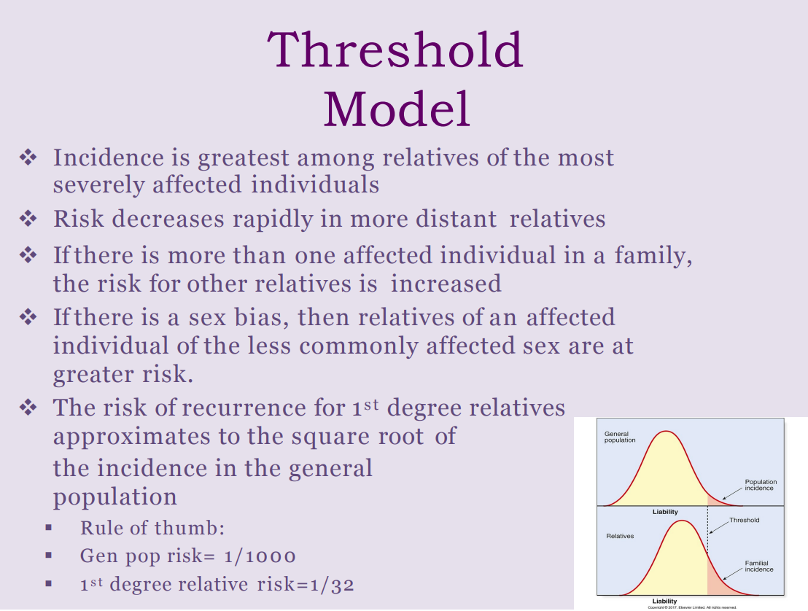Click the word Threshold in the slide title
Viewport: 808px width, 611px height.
point(395,50)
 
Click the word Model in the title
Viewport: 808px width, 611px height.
point(396,109)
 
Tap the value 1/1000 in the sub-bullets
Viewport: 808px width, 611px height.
point(260,556)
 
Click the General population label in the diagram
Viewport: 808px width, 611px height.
point(620,437)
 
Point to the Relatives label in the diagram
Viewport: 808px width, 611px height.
point(620,536)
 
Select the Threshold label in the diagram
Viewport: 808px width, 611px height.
point(744,520)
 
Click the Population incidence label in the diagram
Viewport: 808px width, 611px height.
point(761,485)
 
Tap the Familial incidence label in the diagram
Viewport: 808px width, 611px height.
point(759,566)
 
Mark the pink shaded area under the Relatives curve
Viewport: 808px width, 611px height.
point(718,583)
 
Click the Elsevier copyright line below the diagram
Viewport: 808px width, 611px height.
point(686,607)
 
